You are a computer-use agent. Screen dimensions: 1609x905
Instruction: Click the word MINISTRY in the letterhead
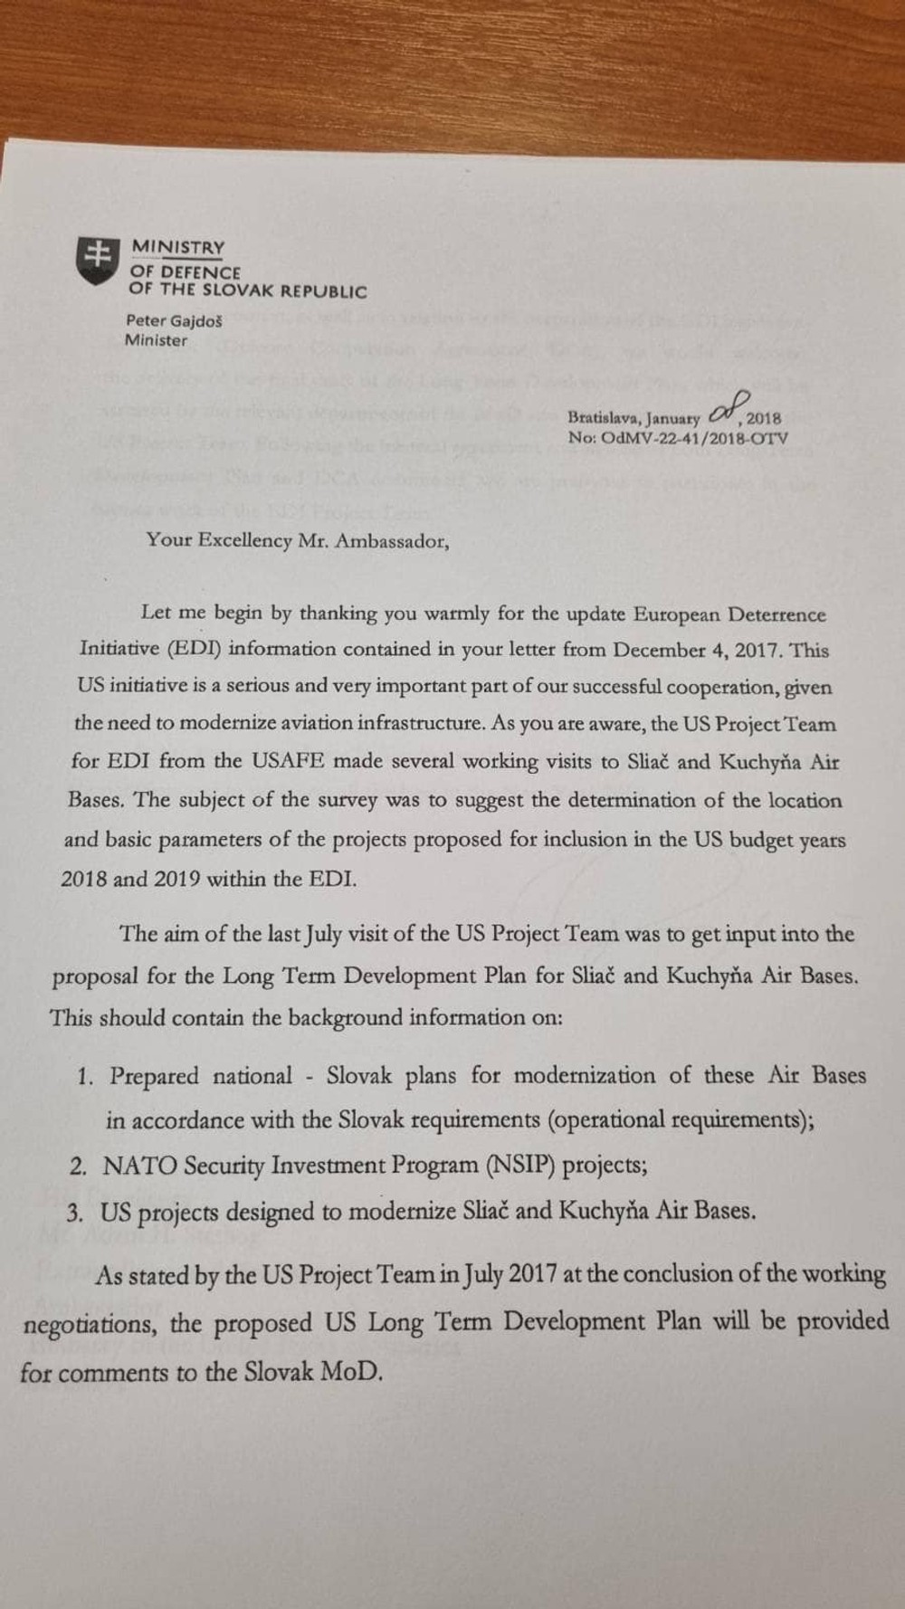tap(178, 247)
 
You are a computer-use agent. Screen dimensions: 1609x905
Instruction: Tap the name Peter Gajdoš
tap(174, 320)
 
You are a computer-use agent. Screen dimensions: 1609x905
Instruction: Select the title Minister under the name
tap(157, 341)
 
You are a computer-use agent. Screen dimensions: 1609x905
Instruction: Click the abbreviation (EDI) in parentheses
tap(166, 649)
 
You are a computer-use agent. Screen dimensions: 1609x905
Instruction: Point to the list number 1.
tap(86, 1077)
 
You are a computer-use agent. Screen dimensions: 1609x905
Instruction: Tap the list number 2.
tap(79, 1166)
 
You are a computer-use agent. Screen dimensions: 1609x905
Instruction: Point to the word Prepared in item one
tap(154, 1077)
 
